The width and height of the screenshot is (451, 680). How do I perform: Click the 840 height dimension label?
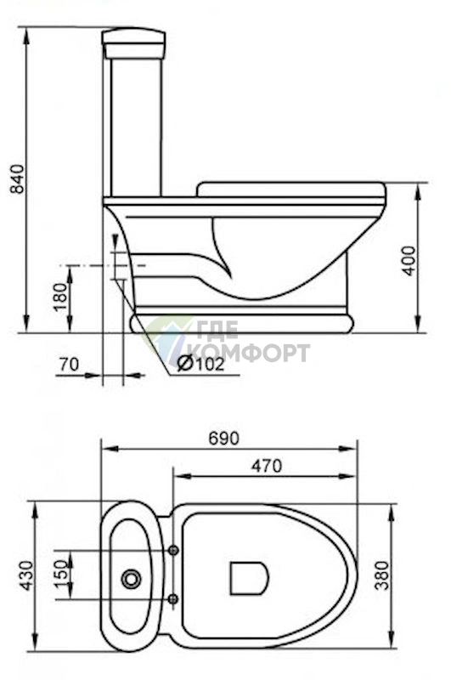tap(17, 178)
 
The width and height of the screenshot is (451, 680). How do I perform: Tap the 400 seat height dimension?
tap(409, 261)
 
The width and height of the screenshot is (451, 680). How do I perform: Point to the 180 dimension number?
tap(60, 297)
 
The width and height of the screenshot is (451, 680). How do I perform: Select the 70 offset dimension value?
tap(70, 365)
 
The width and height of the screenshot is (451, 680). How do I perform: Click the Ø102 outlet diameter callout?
tap(201, 364)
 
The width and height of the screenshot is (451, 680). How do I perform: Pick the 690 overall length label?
tap(223, 439)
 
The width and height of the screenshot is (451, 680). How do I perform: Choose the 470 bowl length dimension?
tap(267, 466)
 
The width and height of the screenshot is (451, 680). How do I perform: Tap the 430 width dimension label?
tap(26, 575)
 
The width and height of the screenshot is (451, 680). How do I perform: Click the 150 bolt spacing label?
tap(61, 575)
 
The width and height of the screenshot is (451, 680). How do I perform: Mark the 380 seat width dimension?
tap(382, 575)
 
